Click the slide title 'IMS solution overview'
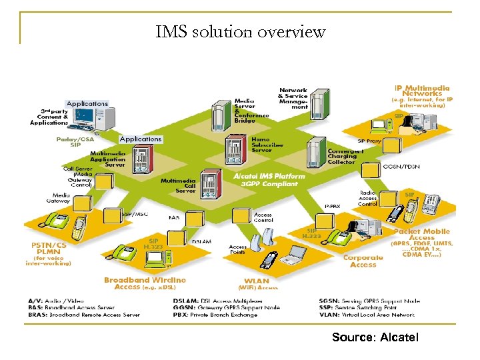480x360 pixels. (240, 31)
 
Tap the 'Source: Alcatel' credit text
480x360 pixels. (375, 337)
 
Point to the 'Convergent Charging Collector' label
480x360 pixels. (345, 155)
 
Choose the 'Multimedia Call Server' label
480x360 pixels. (178, 185)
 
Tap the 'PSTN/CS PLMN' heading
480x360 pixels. (49, 248)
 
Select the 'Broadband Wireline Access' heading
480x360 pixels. (145, 283)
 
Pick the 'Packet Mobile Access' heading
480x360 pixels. (422, 234)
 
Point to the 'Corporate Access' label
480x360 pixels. (363, 261)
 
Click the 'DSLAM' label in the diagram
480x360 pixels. (202, 241)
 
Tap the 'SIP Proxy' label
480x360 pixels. (370, 141)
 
